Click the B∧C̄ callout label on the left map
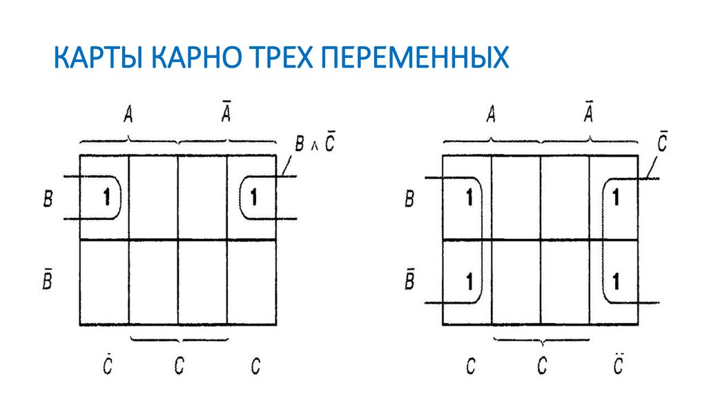pyautogui.click(x=315, y=144)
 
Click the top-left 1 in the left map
pyautogui.click(x=106, y=198)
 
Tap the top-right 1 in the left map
pyautogui.click(x=253, y=198)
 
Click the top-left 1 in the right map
pyautogui.click(x=469, y=198)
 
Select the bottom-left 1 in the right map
pyautogui.click(x=469, y=281)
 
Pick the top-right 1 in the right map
pyautogui.click(x=615, y=198)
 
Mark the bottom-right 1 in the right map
pyautogui.click(x=615, y=281)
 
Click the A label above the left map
pyautogui.click(x=128, y=115)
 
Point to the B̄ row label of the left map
pyautogui.click(x=47, y=281)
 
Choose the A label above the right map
pyautogui.click(x=491, y=115)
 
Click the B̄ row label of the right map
pyautogui.click(x=409, y=281)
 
